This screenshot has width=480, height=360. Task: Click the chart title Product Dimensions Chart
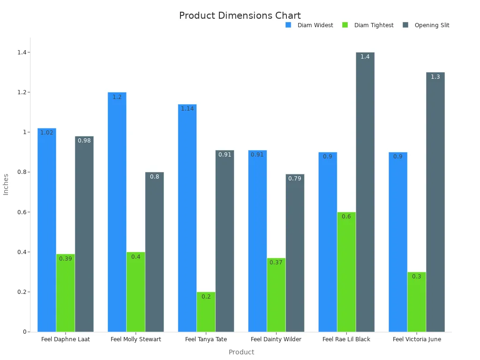coord(240,15)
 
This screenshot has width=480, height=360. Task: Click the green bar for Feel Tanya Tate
coord(206,312)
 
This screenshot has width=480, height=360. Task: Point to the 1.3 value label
coord(435,77)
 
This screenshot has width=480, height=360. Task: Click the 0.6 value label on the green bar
coord(346,217)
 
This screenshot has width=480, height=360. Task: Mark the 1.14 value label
coord(187,109)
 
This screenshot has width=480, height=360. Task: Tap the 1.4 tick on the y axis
coord(20,52)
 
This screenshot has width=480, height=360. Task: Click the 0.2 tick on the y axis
coord(20,292)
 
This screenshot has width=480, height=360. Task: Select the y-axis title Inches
coord(6,184)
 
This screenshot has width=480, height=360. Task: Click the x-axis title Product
coord(241,352)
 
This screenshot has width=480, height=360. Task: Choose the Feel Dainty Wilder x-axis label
coord(276,339)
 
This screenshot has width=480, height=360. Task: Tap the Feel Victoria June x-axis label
coord(417,339)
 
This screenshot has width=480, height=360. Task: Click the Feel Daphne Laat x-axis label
coord(65,339)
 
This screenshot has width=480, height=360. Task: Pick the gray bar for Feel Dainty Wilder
coord(295,253)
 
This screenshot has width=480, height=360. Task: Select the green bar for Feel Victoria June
coord(416,302)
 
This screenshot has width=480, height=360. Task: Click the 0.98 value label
coord(84,141)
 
